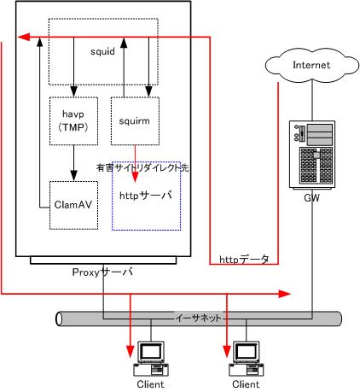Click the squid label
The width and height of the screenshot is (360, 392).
(102, 51)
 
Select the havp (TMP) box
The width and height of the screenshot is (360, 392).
(73, 121)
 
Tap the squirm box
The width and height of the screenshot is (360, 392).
(135, 121)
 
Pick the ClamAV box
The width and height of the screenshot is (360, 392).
(73, 205)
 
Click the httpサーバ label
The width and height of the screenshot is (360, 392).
(146, 196)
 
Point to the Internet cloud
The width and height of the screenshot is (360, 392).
(312, 65)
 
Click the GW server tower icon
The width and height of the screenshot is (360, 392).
(312, 155)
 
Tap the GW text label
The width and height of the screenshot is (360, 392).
(311, 197)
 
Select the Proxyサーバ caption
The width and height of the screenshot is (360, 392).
(102, 272)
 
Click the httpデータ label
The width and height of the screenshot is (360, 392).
(244, 260)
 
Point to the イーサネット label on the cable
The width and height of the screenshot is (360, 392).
(198, 318)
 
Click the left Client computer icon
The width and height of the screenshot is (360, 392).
(151, 359)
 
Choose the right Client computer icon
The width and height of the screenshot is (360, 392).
(247, 359)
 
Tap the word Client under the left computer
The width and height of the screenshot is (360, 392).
(150, 384)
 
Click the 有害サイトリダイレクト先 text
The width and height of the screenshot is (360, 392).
(142, 167)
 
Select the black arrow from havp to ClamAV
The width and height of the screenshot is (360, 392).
(74, 163)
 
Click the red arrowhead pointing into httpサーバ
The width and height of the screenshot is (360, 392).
(135, 177)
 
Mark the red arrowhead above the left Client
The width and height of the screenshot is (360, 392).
(131, 352)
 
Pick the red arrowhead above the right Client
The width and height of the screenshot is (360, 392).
(227, 351)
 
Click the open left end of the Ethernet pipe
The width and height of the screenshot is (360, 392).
(59, 319)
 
